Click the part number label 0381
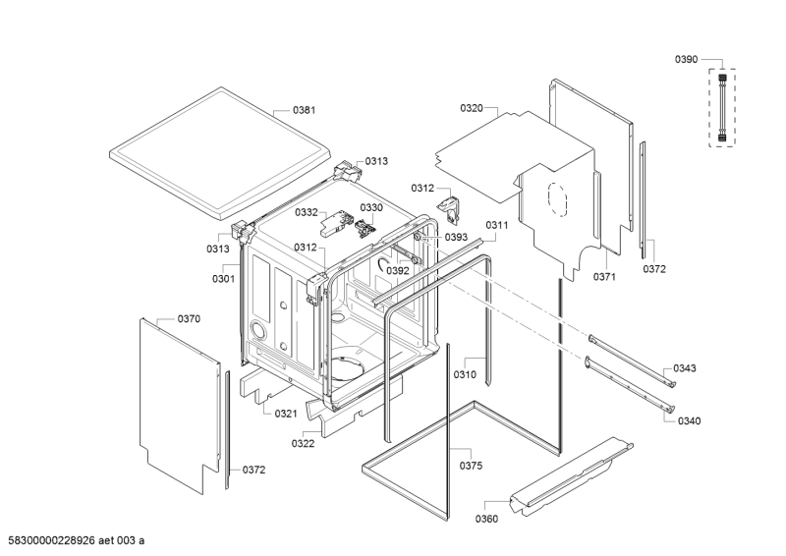(304, 110)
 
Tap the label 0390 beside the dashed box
(686, 60)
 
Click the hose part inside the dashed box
(723, 107)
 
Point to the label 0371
(604, 277)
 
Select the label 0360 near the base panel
(486, 518)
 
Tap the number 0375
(471, 466)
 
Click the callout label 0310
(465, 374)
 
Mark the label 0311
(496, 225)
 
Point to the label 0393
(455, 237)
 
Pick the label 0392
(397, 270)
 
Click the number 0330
(370, 207)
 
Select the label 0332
(307, 211)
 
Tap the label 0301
(223, 278)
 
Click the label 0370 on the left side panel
(189, 319)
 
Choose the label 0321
(286, 414)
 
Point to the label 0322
(304, 444)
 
